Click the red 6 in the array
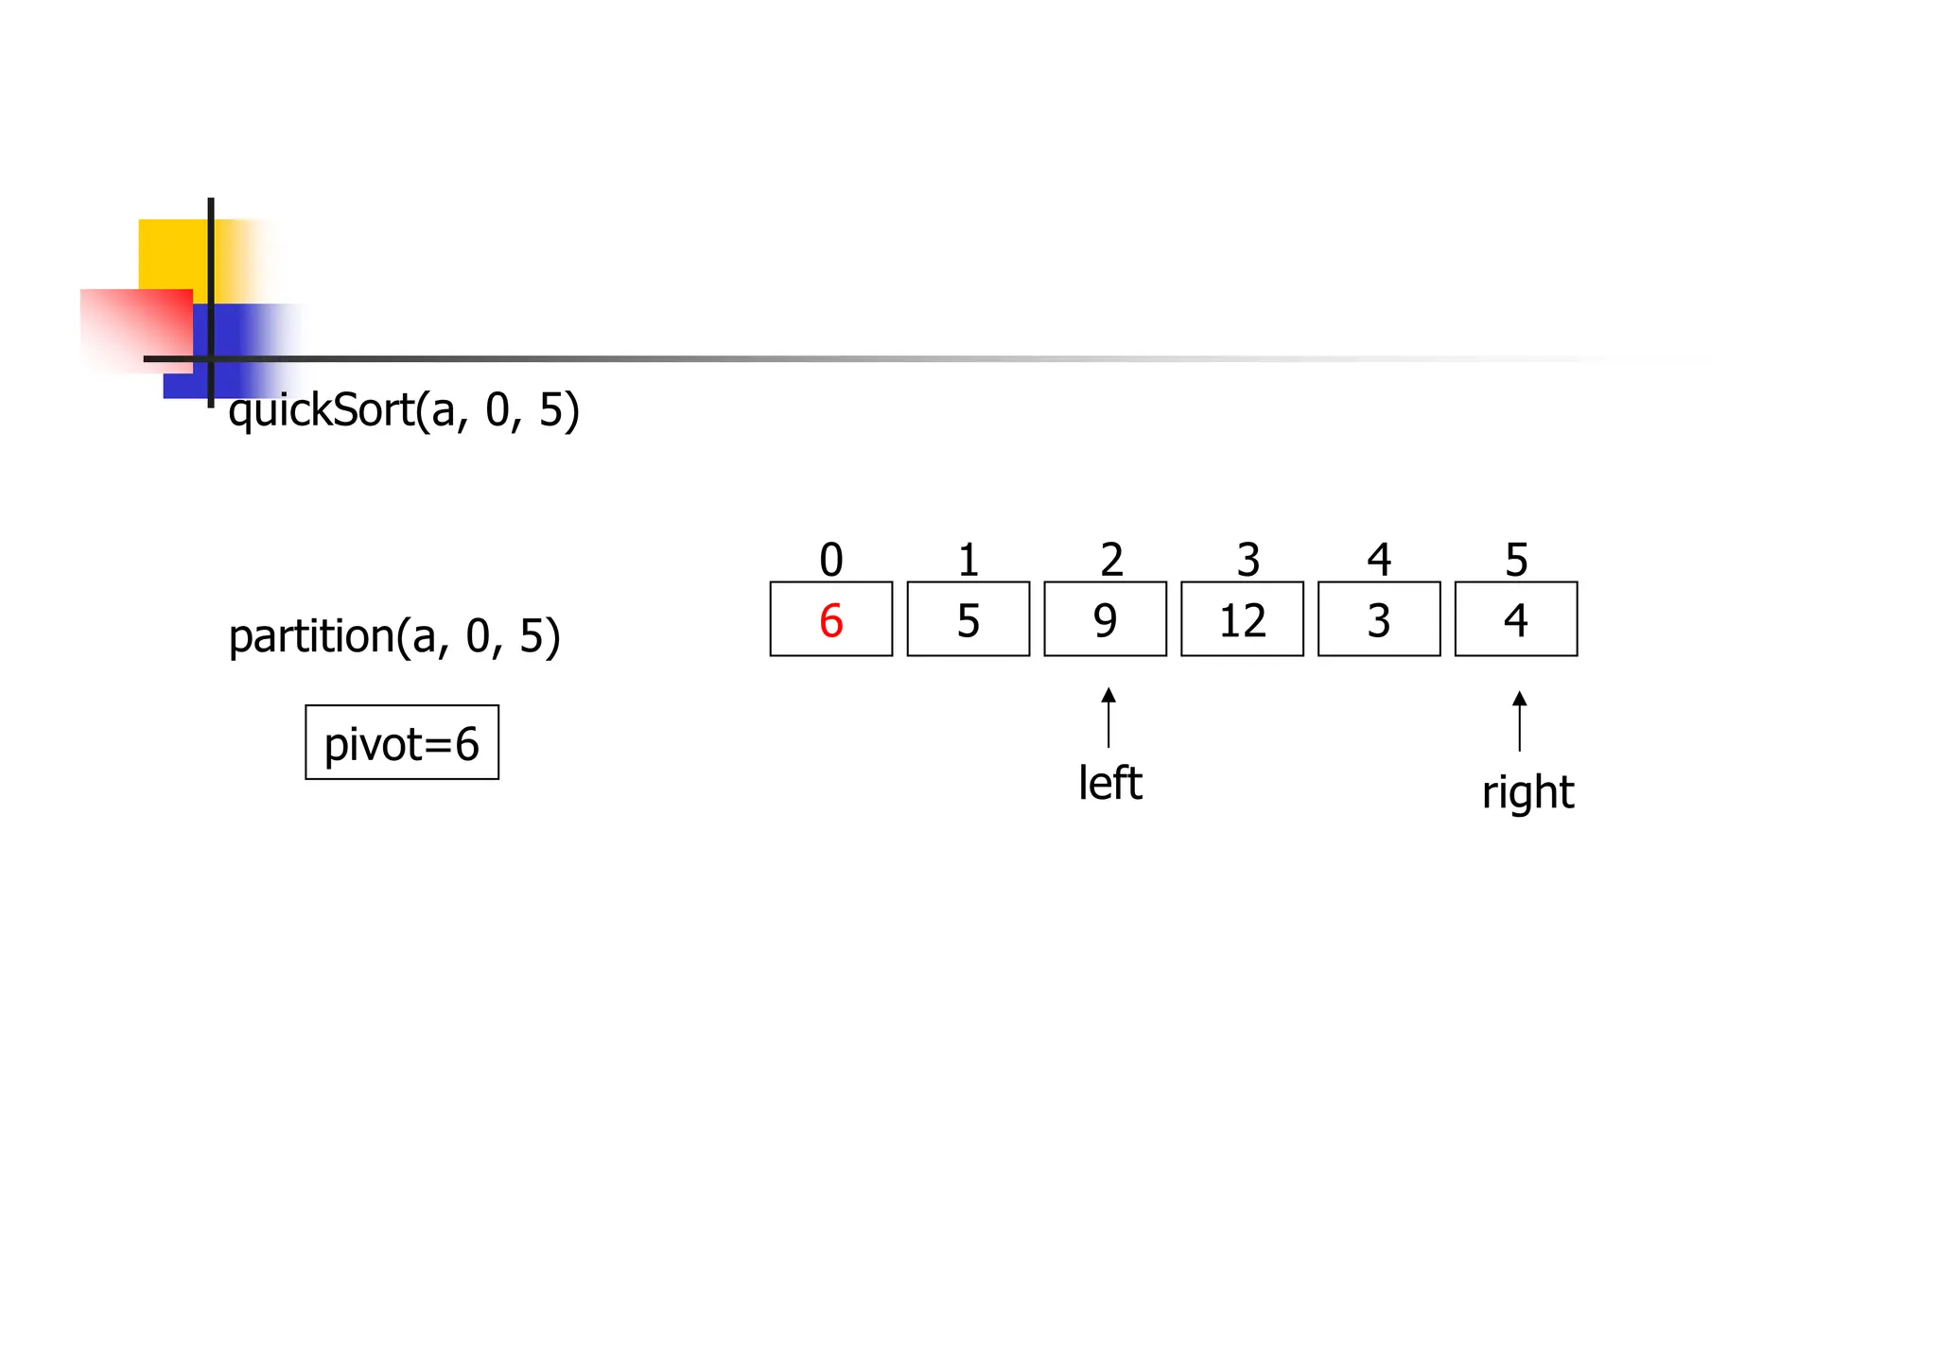(830, 620)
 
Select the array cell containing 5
(968, 620)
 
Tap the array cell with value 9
(1105, 620)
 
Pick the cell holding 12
(1242, 620)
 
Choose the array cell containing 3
(1379, 620)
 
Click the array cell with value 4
(1515, 620)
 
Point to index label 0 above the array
(830, 560)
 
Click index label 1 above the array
(968, 560)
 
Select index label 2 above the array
(1111, 560)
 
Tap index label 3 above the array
(1248, 560)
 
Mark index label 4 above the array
(1379, 560)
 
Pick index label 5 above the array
(1516, 560)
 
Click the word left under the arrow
(1110, 783)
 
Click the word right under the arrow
(1527, 792)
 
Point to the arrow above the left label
(1108, 718)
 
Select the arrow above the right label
(1519, 721)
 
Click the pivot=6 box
(402, 743)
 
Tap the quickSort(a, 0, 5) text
(404, 410)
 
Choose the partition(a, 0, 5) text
(394, 636)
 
